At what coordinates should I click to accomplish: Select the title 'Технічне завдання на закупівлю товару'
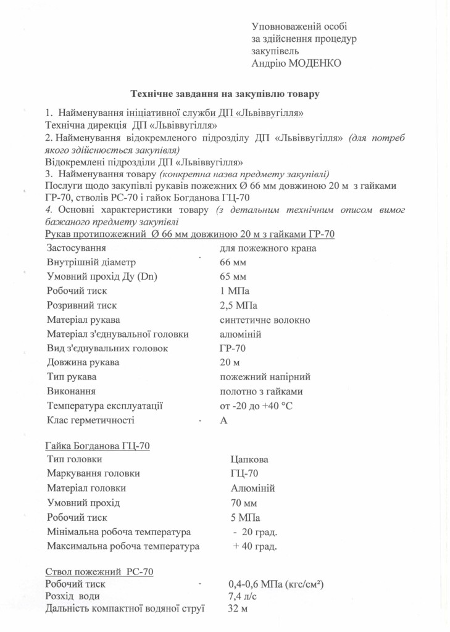click(x=225, y=94)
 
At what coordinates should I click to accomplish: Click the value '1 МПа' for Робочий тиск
click(x=235, y=291)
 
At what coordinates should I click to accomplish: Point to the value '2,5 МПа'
click(x=238, y=306)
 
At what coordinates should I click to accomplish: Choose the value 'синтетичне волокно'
click(x=265, y=320)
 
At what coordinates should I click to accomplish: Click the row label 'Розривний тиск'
click(x=81, y=306)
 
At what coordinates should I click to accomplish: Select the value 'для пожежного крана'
click(x=268, y=248)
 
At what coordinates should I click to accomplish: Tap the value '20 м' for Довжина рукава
click(x=230, y=362)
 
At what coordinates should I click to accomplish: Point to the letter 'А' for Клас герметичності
click(x=223, y=420)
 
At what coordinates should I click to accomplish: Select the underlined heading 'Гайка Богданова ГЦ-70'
click(x=98, y=445)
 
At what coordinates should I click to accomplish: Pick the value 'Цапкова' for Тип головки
click(x=249, y=459)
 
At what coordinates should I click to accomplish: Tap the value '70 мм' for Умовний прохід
click(x=243, y=503)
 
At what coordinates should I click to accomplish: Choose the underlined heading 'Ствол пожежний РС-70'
click(x=99, y=572)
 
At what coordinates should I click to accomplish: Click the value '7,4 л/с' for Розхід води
click(x=244, y=596)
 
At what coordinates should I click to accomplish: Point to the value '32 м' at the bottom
click(x=238, y=610)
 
